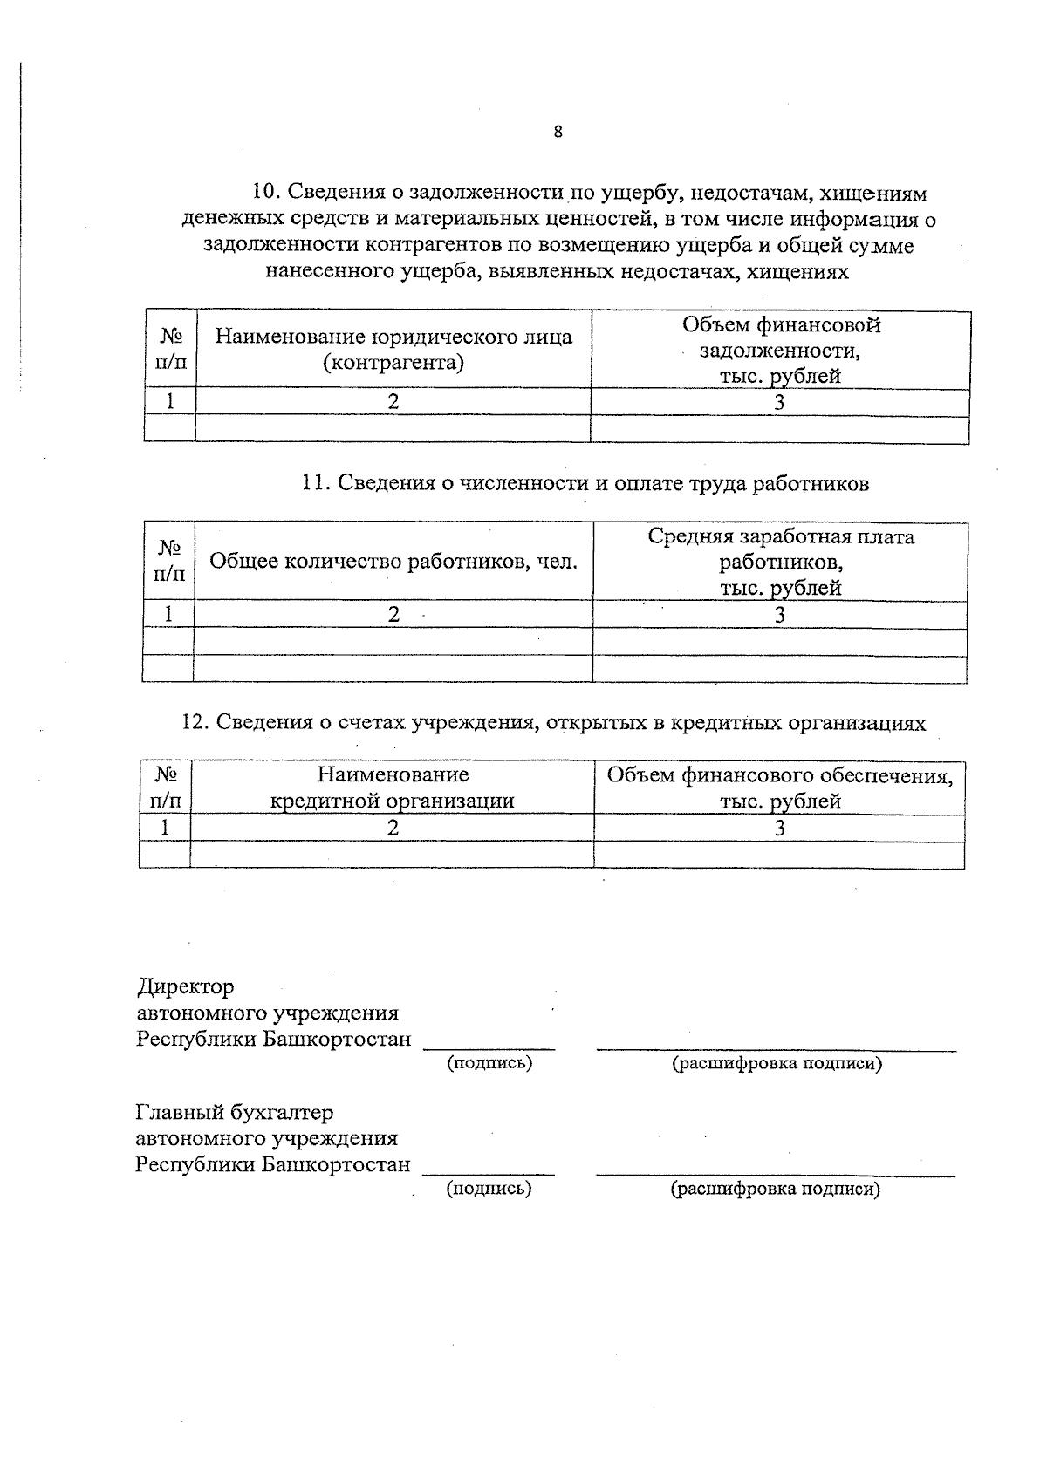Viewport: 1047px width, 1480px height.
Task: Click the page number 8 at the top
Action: pyautogui.click(x=558, y=133)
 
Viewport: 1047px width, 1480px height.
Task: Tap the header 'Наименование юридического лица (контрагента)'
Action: pyautogui.click(x=393, y=349)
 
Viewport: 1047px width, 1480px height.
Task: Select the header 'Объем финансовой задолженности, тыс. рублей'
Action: pyautogui.click(x=780, y=351)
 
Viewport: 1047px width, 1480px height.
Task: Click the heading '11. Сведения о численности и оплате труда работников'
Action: pyautogui.click(x=585, y=483)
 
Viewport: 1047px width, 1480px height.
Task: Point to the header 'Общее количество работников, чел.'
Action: pyautogui.click(x=393, y=561)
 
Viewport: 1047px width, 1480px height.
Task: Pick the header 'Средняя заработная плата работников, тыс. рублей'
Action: pyautogui.click(x=780, y=562)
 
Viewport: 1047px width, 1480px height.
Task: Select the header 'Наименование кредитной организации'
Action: pyautogui.click(x=393, y=788)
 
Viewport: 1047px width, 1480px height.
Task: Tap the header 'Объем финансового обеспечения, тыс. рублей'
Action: pyautogui.click(x=780, y=788)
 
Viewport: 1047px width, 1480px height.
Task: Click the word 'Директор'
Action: pyautogui.click(x=186, y=987)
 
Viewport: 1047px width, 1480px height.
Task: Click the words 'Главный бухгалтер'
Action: pyautogui.click(x=235, y=1113)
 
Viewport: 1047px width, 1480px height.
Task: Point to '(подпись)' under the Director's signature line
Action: pyautogui.click(x=489, y=1063)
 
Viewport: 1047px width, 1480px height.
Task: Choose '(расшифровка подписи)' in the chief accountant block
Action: pyautogui.click(x=776, y=1189)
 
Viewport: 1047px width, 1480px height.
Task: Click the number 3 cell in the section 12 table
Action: pyautogui.click(x=780, y=829)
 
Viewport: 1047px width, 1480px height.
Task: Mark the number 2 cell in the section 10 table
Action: pyautogui.click(x=393, y=402)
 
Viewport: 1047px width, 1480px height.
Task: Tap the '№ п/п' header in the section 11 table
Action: pyautogui.click(x=169, y=561)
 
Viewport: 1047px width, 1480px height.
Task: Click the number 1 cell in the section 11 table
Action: pyautogui.click(x=168, y=614)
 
